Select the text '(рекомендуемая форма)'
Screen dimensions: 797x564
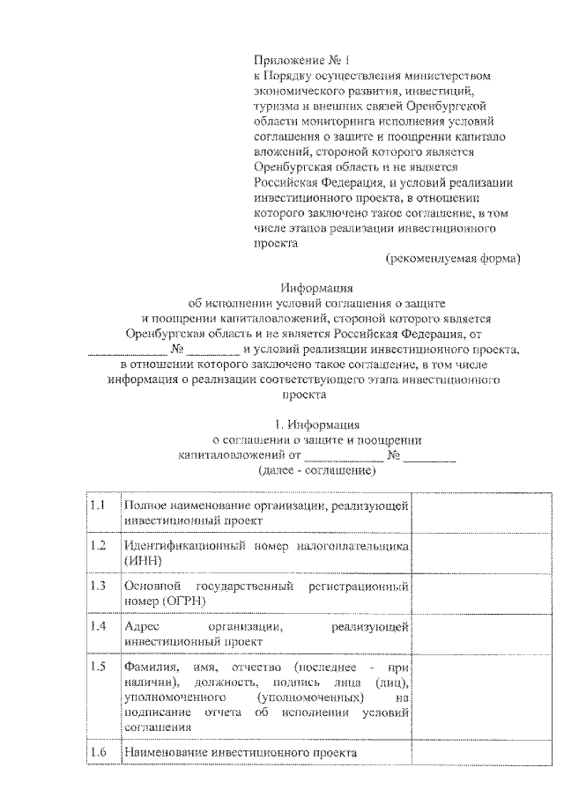(x=453, y=258)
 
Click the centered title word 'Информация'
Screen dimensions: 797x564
(x=316, y=287)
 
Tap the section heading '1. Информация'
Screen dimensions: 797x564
(x=316, y=424)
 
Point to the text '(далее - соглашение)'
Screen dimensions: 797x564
(x=316, y=471)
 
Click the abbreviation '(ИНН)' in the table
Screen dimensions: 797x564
(x=144, y=560)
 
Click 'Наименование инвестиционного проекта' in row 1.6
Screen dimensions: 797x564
(x=241, y=754)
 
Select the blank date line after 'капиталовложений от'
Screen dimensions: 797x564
(x=344, y=457)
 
